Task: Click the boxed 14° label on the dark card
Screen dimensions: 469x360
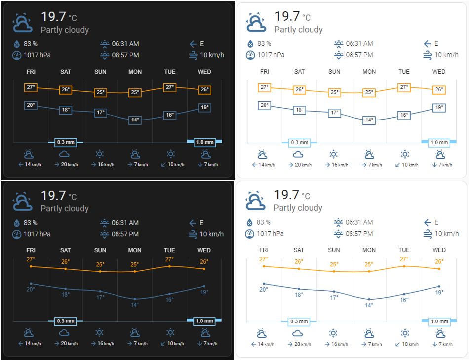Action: click(x=135, y=120)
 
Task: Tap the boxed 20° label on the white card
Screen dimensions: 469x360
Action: click(x=265, y=105)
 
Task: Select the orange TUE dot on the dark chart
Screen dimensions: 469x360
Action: click(x=170, y=266)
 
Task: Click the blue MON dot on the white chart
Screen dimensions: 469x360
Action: click(x=369, y=299)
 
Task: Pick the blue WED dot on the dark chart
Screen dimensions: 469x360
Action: click(x=204, y=286)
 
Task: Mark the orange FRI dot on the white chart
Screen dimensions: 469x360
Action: click(x=264, y=266)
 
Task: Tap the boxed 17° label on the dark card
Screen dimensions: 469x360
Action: click(x=101, y=113)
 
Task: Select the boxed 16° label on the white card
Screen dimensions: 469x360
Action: click(x=404, y=115)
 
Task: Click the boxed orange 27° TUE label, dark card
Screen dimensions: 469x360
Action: click(x=170, y=87)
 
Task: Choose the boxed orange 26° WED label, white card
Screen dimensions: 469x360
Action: click(x=439, y=90)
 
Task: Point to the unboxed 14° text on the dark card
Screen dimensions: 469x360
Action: click(x=135, y=305)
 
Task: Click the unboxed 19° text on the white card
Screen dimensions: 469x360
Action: click(x=439, y=292)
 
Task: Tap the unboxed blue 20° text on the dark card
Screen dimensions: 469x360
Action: click(x=31, y=289)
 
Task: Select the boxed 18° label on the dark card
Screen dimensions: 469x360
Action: click(x=66, y=110)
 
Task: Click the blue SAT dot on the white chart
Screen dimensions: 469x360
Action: click(x=299, y=289)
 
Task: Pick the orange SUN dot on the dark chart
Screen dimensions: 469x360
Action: click(x=100, y=271)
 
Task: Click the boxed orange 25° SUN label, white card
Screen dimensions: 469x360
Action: click(x=334, y=92)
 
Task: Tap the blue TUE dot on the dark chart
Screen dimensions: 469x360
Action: click(x=170, y=294)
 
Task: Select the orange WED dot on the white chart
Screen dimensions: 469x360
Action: click(x=439, y=269)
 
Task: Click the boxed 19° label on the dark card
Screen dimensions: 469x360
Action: click(x=205, y=107)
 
